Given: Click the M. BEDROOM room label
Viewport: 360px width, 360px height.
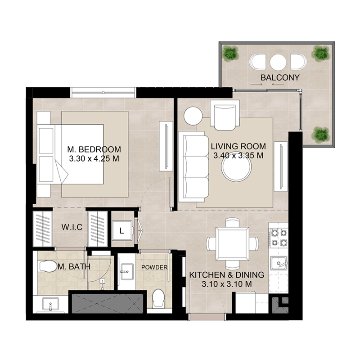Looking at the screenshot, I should coord(94,149).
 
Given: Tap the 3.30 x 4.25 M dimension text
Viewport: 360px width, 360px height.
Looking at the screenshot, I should coord(94,158).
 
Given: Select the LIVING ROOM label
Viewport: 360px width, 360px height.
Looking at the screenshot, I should coord(238,147).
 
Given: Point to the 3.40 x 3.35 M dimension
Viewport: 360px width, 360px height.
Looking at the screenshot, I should coord(238,156).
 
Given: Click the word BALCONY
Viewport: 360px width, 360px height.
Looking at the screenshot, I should coord(279,77).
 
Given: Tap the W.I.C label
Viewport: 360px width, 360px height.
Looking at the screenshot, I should coord(72,227).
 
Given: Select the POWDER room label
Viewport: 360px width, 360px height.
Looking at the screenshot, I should coord(154,267).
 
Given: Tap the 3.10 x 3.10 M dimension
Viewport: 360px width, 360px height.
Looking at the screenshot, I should coord(226,284).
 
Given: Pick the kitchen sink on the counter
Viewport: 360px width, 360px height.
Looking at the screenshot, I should coord(279,263).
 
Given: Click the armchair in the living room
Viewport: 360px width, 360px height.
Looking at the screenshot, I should coord(225,114).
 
